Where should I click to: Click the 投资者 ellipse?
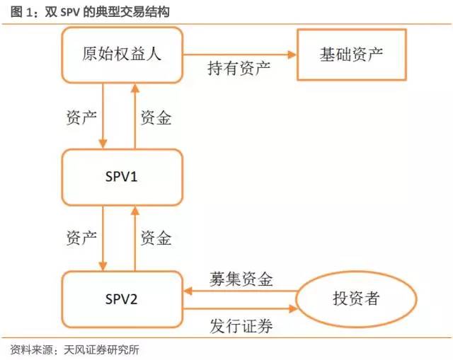point(355,298)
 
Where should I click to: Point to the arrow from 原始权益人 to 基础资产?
point(240,54)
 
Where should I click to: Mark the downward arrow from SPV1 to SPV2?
point(103,238)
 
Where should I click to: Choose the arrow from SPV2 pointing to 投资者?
point(241,309)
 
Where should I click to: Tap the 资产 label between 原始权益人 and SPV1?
point(81,117)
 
